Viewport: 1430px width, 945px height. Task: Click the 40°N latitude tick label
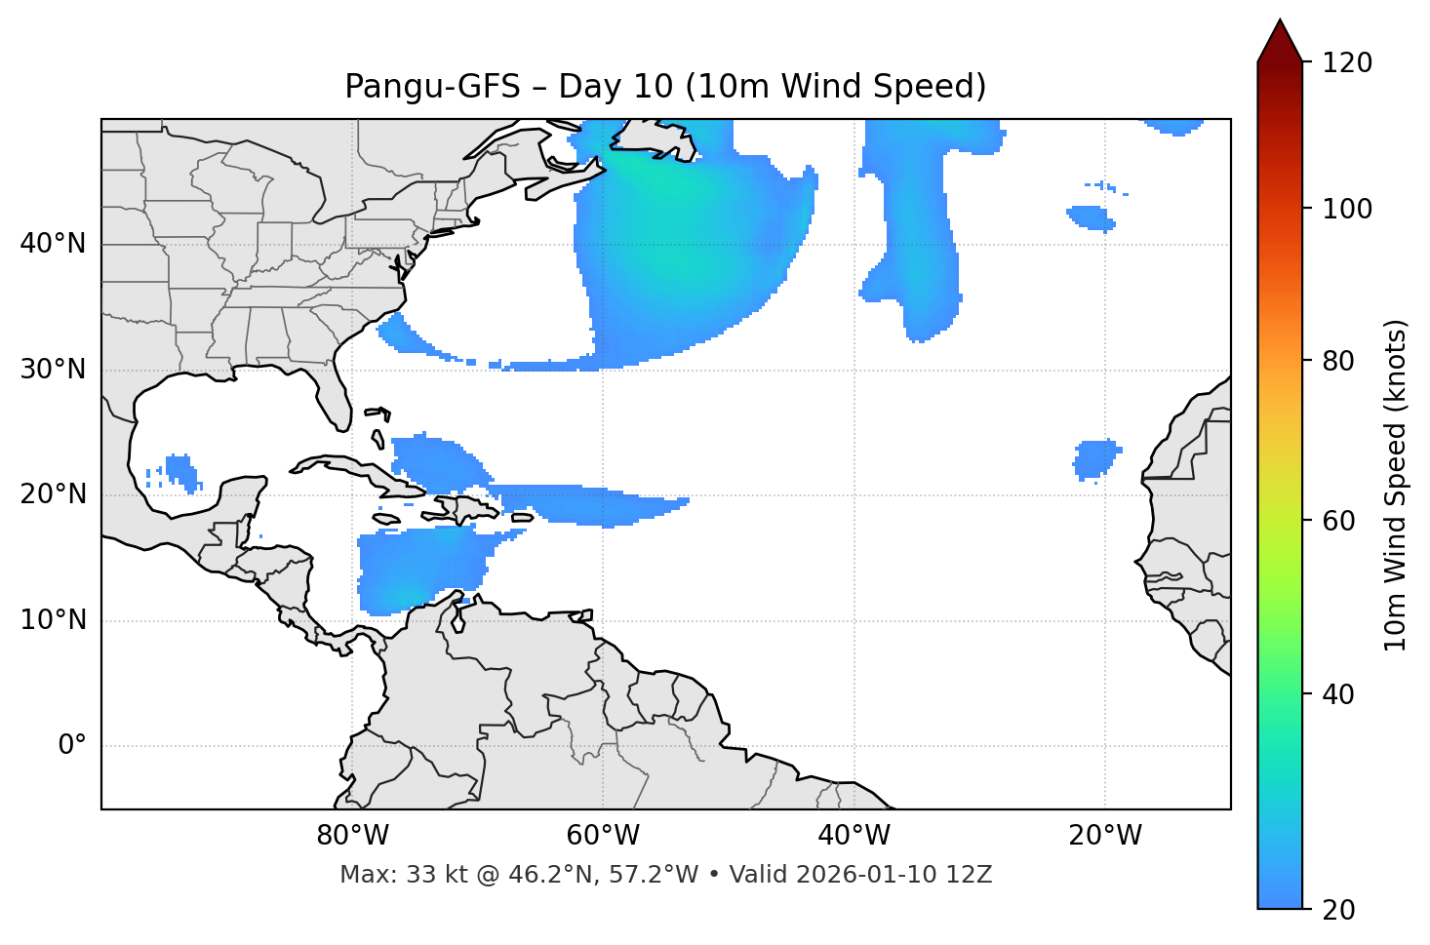53,244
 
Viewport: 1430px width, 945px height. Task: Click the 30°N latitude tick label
53,370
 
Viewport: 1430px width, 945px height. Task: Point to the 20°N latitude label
53,494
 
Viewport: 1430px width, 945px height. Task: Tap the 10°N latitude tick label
53,620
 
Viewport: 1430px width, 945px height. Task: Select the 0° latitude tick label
71,746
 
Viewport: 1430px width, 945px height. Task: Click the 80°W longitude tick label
352,836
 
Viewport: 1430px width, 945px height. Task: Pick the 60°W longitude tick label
603,836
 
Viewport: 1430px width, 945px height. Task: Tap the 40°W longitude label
854,836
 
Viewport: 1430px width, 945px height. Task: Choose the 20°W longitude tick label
1104,836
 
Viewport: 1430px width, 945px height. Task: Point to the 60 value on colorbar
1344,521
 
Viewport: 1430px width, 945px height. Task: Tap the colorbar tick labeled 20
1344,910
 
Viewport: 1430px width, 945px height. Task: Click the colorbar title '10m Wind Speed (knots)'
1396,485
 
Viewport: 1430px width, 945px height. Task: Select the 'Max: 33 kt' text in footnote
381,875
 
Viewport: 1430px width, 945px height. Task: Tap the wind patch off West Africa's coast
1095,458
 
